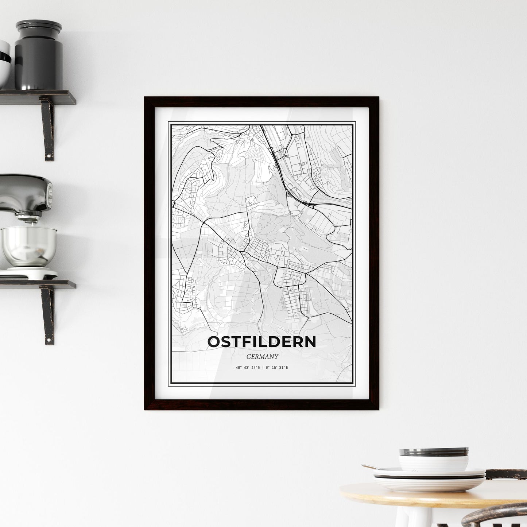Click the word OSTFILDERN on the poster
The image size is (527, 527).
261,342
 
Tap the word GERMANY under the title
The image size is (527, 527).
261,357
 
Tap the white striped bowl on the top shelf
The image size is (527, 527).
4,64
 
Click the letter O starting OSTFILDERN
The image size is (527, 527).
214,342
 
